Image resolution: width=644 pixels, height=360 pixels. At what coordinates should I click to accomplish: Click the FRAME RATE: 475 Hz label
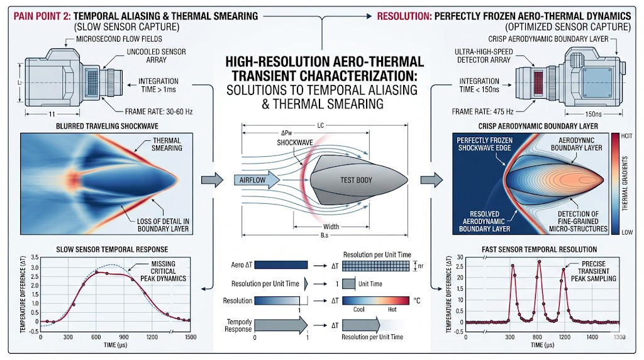point(484,110)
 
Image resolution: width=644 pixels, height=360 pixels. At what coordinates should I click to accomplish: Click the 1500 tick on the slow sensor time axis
point(189,337)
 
